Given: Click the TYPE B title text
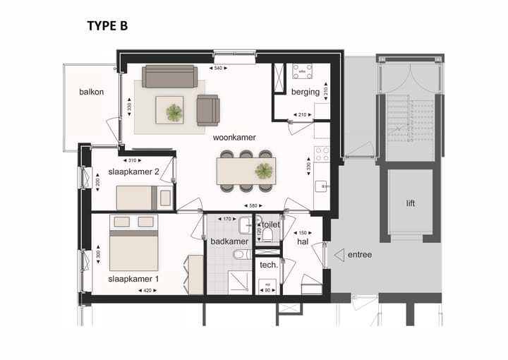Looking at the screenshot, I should [107, 26].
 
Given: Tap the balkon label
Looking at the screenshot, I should [91, 92].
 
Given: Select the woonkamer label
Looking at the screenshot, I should [234, 138].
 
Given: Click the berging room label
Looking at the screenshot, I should [305, 92].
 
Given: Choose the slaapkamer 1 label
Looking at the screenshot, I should [133, 279].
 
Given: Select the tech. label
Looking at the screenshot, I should [268, 265].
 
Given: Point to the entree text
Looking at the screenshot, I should [359, 254].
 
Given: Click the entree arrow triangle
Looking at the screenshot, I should [339, 254].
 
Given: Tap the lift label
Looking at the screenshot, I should [411, 203].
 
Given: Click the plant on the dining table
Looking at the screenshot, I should [264, 170].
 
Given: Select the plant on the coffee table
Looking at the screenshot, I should [174, 112].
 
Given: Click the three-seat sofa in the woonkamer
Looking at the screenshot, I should [169, 76].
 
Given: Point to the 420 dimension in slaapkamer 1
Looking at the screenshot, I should [145, 290].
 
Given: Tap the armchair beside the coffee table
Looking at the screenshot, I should [208, 109].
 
